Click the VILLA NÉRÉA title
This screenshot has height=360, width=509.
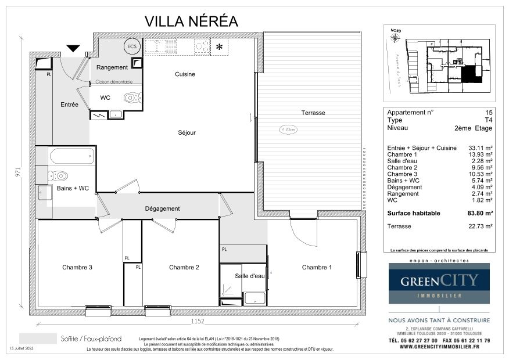coord(191,21)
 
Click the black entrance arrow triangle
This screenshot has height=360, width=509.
coord(74,49)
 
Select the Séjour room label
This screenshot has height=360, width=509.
coord(187,132)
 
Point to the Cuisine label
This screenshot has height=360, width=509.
coord(185,74)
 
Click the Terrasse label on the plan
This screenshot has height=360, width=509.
coord(313,113)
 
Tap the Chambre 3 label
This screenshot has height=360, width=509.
coord(78,268)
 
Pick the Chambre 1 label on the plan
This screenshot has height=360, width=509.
coord(317,268)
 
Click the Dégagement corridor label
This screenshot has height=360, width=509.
coord(162,208)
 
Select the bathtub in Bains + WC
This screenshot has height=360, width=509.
coord(71,156)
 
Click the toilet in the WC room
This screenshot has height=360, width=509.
coord(132,98)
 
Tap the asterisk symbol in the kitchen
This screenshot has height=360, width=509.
coord(220,47)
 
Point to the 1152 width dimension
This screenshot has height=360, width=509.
coord(199,321)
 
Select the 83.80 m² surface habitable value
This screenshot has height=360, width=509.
coord(481,213)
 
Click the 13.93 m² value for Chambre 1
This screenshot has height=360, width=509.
coord(481,154)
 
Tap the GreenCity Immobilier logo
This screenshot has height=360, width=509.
coord(439,283)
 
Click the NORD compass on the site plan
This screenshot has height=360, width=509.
coord(395,37)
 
